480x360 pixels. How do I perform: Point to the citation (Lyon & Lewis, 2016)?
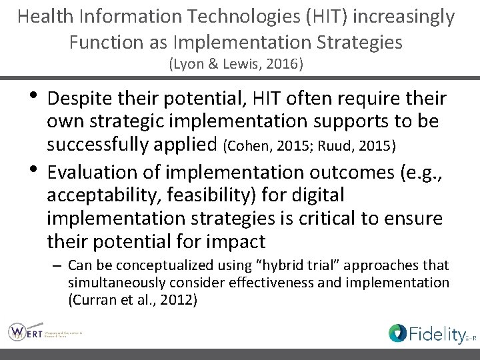236,64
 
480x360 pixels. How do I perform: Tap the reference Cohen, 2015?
265,145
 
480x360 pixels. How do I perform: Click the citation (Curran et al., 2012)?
132,300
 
